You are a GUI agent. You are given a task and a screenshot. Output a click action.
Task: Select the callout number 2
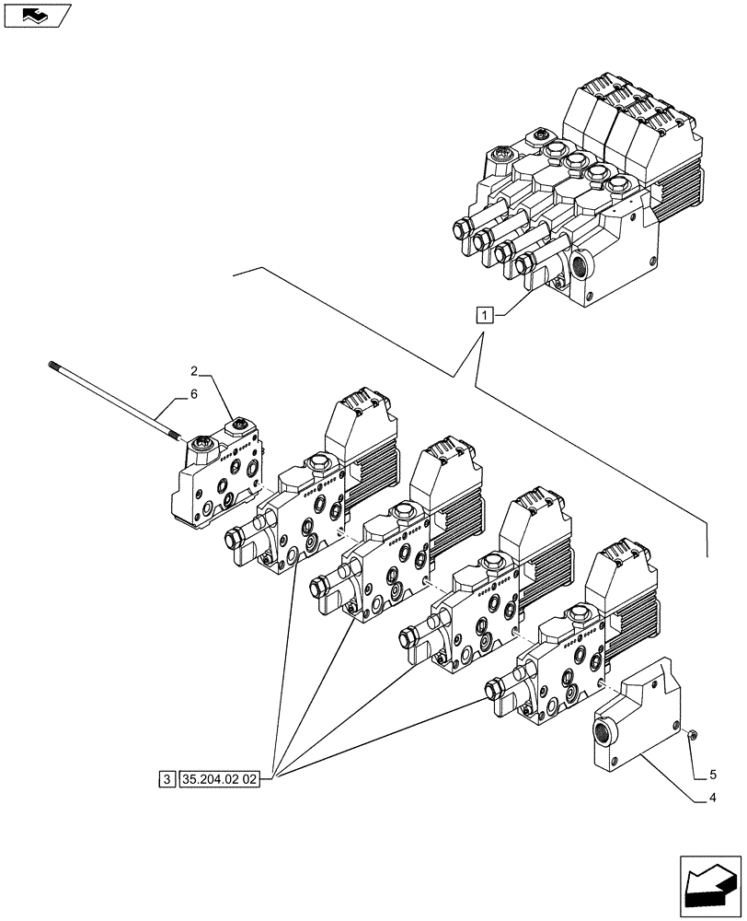pos(195,371)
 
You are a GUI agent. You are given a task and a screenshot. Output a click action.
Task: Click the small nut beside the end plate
pos(692,734)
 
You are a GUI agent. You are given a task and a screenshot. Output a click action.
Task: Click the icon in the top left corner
pos(34,14)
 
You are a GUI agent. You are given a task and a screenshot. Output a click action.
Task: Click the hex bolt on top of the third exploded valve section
pos(488,561)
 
